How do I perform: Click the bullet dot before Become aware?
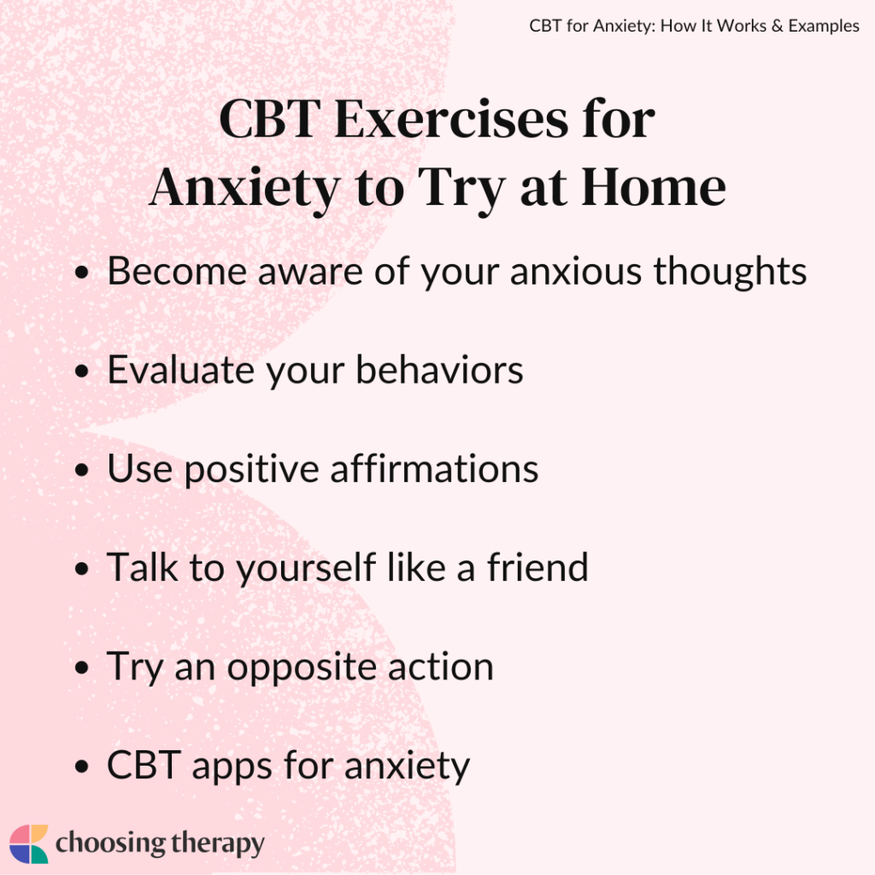[82, 273]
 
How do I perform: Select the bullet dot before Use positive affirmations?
[82, 471]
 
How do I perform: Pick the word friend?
[537, 567]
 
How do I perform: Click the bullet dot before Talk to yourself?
[82, 569]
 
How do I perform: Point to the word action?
[443, 666]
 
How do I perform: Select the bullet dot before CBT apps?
[82, 766]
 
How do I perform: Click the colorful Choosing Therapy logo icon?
[28, 844]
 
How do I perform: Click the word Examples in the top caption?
[818, 26]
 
